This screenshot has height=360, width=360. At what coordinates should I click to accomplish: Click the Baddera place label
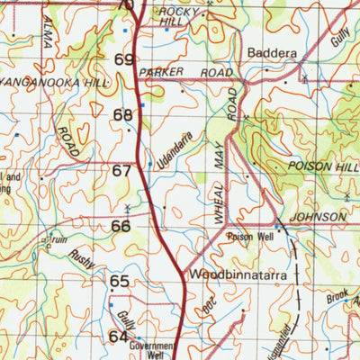[272, 53]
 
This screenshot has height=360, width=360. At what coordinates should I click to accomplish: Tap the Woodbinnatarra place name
[232, 273]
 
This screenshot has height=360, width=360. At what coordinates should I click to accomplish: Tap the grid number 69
[124, 60]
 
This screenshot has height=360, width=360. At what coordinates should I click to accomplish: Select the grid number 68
[122, 115]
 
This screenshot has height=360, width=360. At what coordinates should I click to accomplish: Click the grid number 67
[121, 171]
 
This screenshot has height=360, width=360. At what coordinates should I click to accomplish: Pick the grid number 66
[121, 226]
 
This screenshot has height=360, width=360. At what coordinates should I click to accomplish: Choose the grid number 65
[120, 282]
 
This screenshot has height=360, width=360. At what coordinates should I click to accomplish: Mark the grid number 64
[119, 337]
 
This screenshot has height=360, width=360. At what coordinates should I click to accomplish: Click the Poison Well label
[249, 238]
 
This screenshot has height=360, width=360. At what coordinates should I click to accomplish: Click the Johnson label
[318, 217]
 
